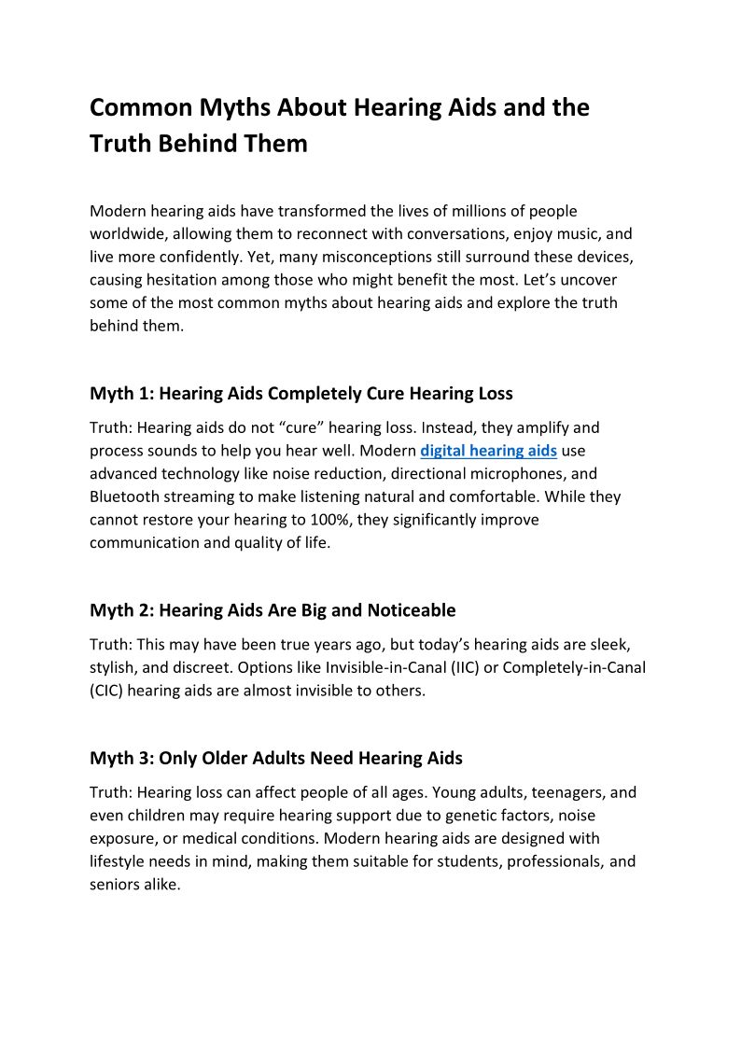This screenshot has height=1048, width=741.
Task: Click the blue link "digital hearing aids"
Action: (x=488, y=451)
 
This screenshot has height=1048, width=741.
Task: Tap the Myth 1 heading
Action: (x=301, y=394)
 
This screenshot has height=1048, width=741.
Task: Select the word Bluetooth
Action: (x=129, y=496)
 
